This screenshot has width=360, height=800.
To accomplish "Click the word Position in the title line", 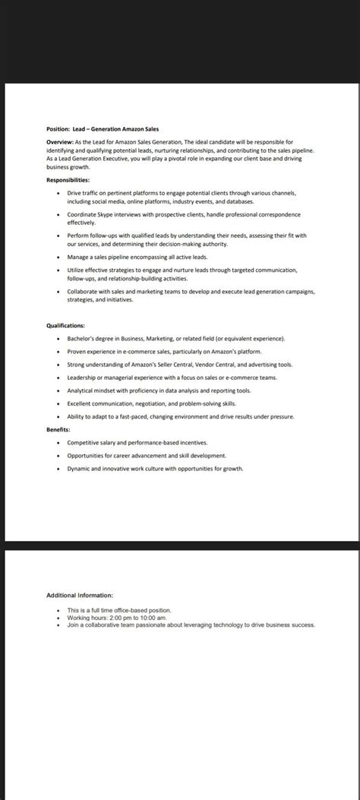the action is click(58, 129).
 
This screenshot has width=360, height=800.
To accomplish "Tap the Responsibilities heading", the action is click(68, 180).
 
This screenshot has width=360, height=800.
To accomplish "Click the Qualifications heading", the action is click(65, 325).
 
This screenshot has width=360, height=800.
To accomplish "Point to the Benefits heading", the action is click(58, 429).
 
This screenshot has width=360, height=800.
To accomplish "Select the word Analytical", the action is click(81, 391).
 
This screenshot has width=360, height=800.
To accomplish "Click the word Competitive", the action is click(85, 442).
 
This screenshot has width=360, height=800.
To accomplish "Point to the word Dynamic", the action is click(79, 469).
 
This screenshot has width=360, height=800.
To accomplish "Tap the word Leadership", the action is click(83, 378).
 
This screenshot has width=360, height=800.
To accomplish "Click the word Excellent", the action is click(81, 403).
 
